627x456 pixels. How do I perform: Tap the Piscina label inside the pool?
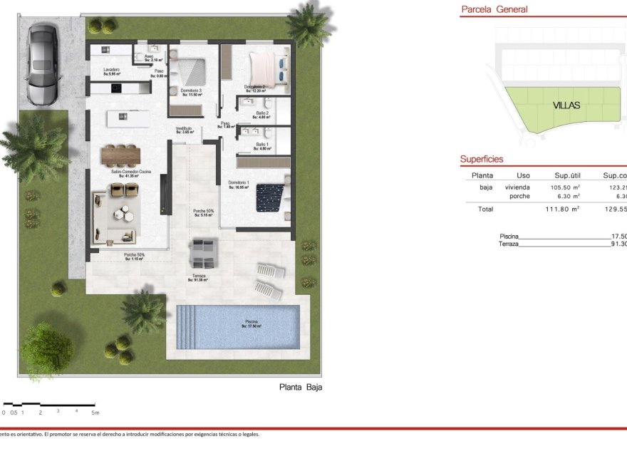(252, 323)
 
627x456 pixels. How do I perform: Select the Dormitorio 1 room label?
(239, 184)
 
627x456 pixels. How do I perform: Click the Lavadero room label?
(111, 71)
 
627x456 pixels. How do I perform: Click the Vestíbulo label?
(185, 130)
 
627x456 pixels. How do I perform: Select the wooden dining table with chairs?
(121, 155)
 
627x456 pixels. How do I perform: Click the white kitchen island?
(128, 118)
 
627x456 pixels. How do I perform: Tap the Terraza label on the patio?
(199, 276)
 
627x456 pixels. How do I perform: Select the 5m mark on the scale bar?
(95, 413)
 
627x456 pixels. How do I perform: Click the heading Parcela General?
(494, 10)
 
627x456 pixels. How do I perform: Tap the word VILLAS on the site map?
(566, 105)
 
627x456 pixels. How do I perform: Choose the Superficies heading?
(482, 160)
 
